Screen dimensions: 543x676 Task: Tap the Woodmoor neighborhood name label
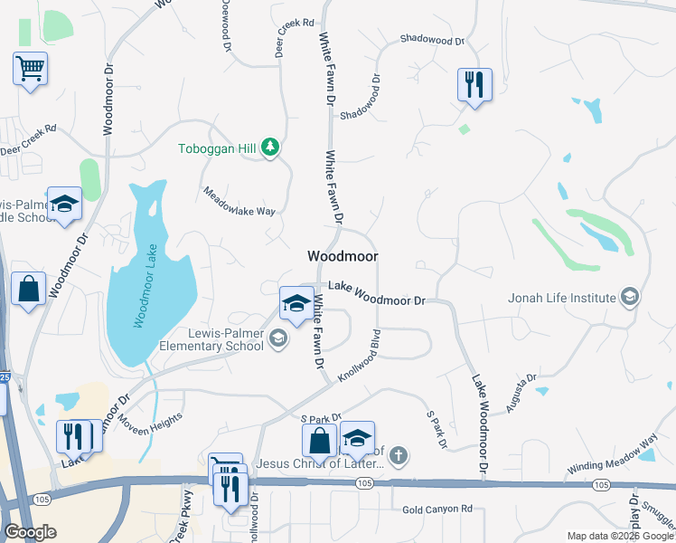pos(343,256)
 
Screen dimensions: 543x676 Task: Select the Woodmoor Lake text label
pos(146,287)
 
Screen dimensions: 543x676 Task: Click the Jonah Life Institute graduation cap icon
pos(630,297)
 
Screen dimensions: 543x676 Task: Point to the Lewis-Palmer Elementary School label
pos(212,339)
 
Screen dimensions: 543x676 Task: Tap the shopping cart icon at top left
pos(30,67)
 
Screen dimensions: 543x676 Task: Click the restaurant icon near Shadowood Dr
pos(474,85)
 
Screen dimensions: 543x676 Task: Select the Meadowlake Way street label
pos(238,201)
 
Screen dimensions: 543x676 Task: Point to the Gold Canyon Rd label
pos(437,510)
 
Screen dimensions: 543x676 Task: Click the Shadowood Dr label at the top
pos(431,41)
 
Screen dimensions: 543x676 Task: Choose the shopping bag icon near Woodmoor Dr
pos(29,290)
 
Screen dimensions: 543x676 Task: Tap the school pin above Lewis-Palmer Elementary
pos(296,304)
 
